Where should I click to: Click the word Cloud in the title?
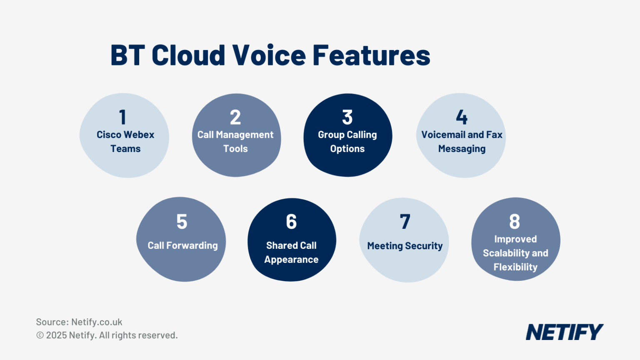pyautogui.click(x=188, y=55)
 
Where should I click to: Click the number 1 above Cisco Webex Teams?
pyautogui.click(x=122, y=117)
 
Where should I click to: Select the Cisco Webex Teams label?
pyautogui.click(x=125, y=142)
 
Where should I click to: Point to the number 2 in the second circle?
pyautogui.click(x=235, y=117)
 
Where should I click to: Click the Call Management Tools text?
pyautogui.click(x=235, y=142)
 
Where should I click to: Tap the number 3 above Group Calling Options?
pyautogui.click(x=347, y=117)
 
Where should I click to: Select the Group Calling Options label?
pyautogui.click(x=347, y=142)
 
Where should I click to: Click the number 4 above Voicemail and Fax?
pyautogui.click(x=462, y=117)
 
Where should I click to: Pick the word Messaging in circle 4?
pyautogui.click(x=462, y=149)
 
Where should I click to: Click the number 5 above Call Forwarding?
pyautogui.click(x=182, y=221)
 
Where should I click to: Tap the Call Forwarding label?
pyautogui.click(x=182, y=245)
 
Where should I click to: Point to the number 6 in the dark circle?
pyautogui.click(x=291, y=221)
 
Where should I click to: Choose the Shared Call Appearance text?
pyautogui.click(x=291, y=252)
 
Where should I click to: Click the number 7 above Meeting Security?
pyautogui.click(x=405, y=221)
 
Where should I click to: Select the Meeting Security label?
pyautogui.click(x=405, y=246)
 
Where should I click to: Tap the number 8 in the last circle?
pyautogui.click(x=515, y=221)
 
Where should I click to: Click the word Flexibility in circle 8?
pyautogui.click(x=515, y=267)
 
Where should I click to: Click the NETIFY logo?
pyautogui.click(x=564, y=332)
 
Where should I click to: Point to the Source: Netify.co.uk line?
pyautogui.click(x=79, y=322)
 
